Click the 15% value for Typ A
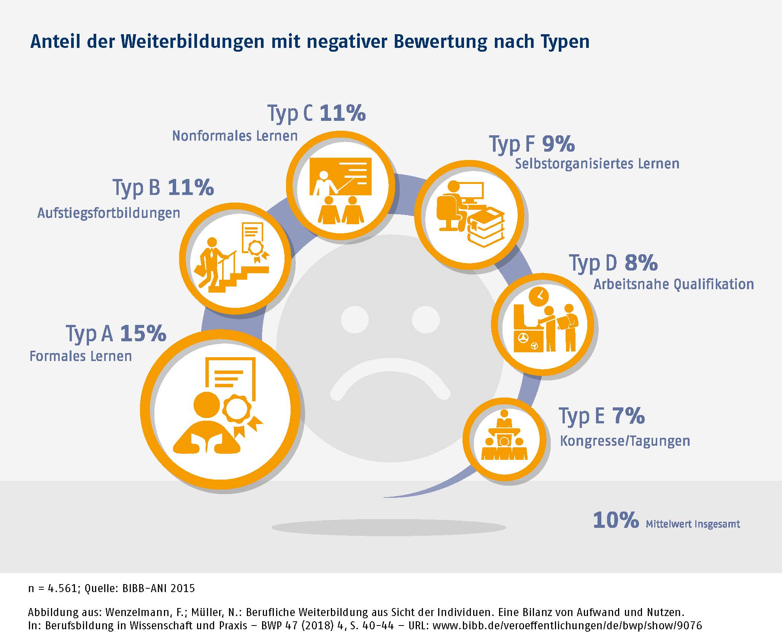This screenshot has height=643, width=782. pos(143,333)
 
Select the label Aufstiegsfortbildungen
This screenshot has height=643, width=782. pos(109,213)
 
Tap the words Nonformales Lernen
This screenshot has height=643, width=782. pos(235,136)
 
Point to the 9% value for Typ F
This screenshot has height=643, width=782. pos(558,144)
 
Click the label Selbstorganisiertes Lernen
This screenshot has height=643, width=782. pos(597,164)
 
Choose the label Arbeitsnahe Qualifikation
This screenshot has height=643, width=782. pos(674,284)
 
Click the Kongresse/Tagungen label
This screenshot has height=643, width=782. pos(625,441)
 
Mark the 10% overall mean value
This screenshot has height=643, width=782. pos(616,520)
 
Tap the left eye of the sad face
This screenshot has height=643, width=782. pos(355,319)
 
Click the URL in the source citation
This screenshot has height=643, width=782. pos(567,626)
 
